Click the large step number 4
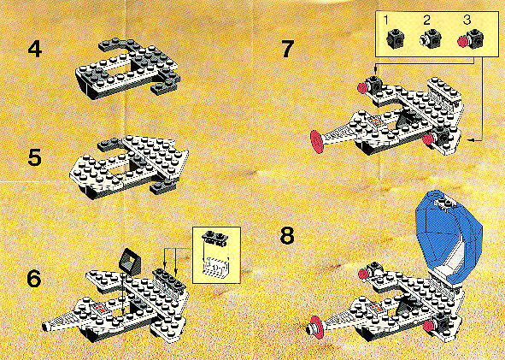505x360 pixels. click(35, 50)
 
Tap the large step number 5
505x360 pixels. click(35, 157)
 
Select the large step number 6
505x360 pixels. click(34, 279)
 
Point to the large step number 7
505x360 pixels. click(286, 50)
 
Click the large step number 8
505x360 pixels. click(287, 236)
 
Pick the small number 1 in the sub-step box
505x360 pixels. click(386, 21)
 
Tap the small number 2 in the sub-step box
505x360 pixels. click(426, 21)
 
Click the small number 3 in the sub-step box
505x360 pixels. click(467, 21)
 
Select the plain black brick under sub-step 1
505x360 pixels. click(395, 39)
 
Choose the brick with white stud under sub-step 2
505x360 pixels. click(431, 39)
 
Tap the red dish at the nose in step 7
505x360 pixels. click(317, 141)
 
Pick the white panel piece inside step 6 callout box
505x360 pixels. click(216, 266)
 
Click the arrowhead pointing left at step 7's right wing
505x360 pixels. click(471, 140)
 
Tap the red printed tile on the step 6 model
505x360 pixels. click(100, 308)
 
